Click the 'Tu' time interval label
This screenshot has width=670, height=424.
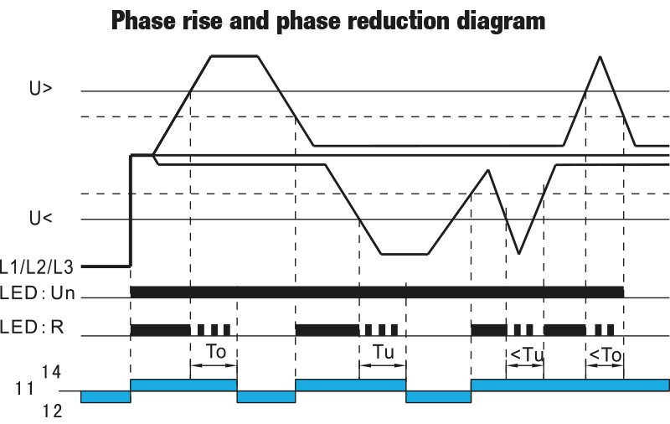click(383, 353)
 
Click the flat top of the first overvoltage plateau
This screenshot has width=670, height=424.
click(234, 56)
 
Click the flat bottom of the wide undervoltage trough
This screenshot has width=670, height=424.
click(404, 253)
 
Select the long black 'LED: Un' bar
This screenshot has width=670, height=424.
click(377, 291)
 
